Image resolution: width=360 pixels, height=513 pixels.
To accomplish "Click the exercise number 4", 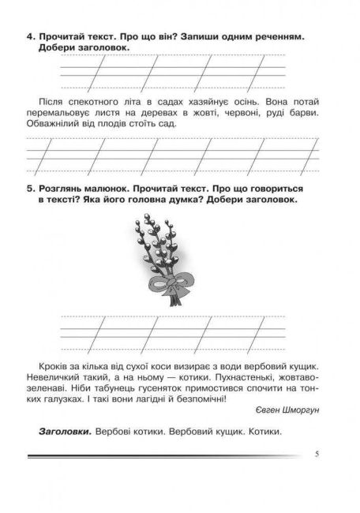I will coord(29,36).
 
